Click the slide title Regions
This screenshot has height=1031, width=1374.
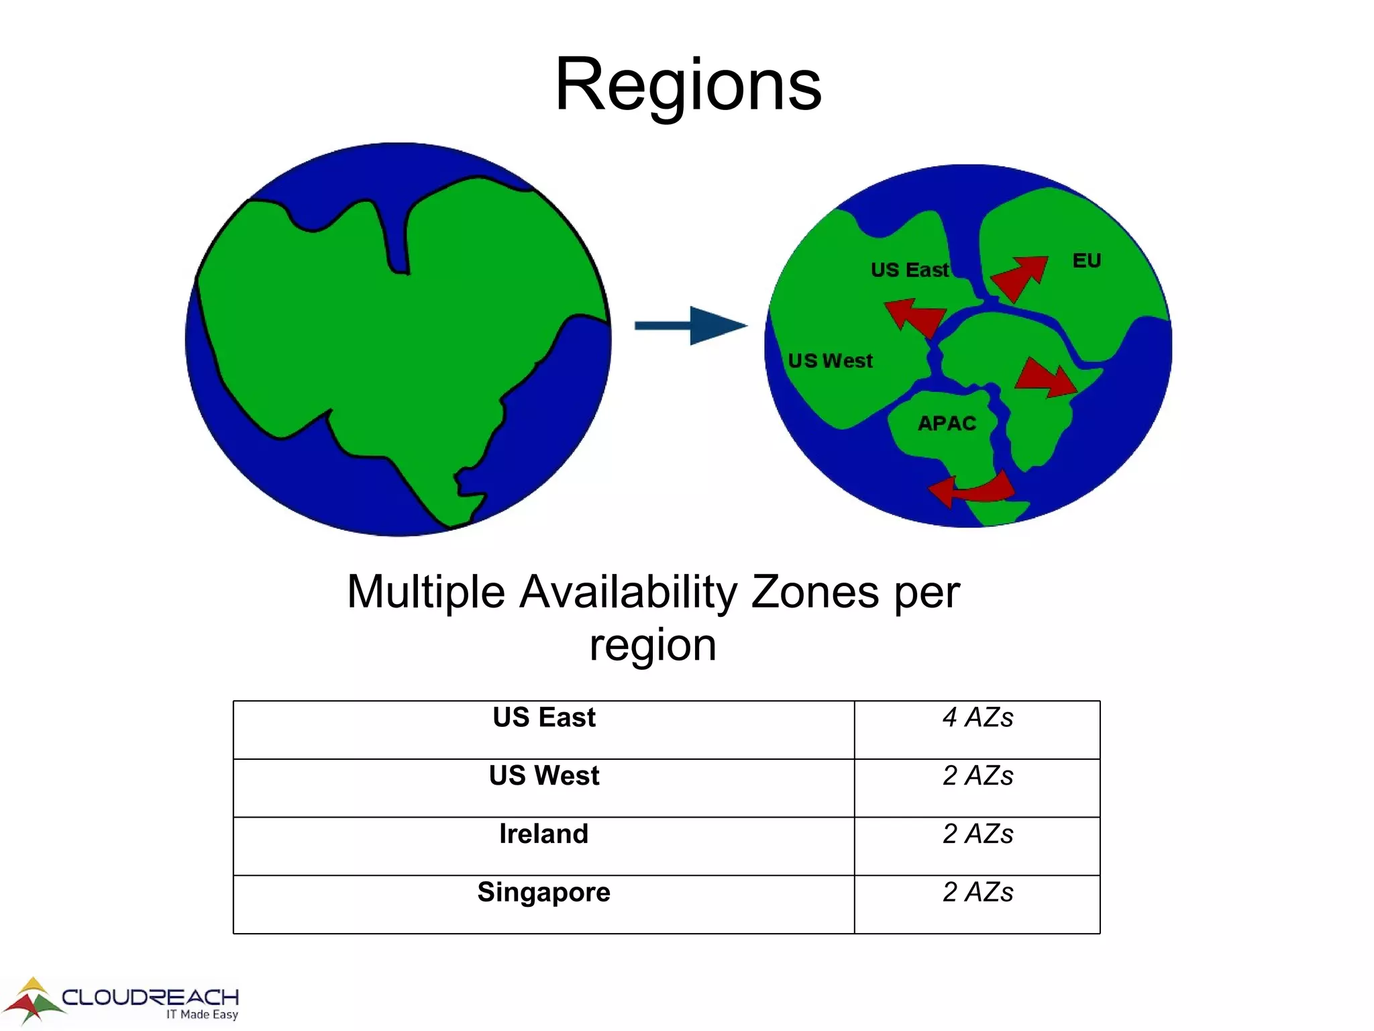pyautogui.click(x=688, y=85)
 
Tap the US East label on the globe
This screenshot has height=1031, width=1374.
pyautogui.click(x=909, y=270)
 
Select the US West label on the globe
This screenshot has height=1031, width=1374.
pyautogui.click(x=830, y=361)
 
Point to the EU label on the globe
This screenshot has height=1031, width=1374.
pyautogui.click(x=1086, y=260)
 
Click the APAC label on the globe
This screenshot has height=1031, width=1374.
pyautogui.click(x=947, y=424)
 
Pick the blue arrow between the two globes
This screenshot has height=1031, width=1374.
pyautogui.click(x=691, y=326)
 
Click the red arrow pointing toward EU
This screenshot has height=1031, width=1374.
pyautogui.click(x=1020, y=277)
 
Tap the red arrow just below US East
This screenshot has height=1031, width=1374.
pyautogui.click(x=915, y=317)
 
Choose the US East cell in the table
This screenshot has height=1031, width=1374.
pyautogui.click(x=543, y=718)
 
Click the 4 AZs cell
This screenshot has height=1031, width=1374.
pyautogui.click(x=977, y=718)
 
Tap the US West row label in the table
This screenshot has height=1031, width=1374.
pyautogui.click(x=543, y=776)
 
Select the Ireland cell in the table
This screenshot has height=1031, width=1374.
pyautogui.click(x=543, y=834)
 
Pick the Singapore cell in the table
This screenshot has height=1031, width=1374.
pyautogui.click(x=543, y=893)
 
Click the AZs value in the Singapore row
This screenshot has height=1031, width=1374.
pyautogui.click(x=977, y=893)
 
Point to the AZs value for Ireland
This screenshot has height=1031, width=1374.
pyautogui.click(x=977, y=834)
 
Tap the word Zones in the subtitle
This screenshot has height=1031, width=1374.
pyautogui.click(x=814, y=592)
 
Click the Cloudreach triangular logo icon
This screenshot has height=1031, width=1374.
pyautogui.click(x=34, y=1000)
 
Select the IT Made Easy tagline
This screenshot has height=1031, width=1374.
pyautogui.click(x=202, y=1014)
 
